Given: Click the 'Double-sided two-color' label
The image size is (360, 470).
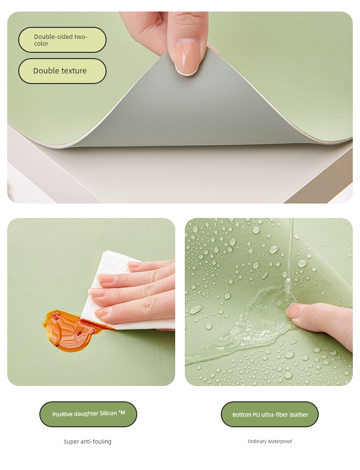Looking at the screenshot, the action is pyautogui.click(x=62, y=40).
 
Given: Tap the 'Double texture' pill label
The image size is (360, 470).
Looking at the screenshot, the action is pyautogui.click(x=62, y=71).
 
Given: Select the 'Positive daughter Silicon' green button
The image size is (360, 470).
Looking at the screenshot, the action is pyautogui.click(x=88, y=414).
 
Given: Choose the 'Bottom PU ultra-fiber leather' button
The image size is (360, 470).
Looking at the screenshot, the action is pyautogui.click(x=270, y=414).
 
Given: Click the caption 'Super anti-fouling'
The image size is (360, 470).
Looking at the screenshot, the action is pyautogui.click(x=87, y=442).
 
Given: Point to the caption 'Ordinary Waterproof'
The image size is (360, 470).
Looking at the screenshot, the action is pyautogui.click(x=270, y=441).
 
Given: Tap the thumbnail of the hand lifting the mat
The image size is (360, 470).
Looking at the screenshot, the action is pyautogui.click(x=180, y=108).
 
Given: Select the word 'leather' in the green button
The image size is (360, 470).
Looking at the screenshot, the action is pyautogui.click(x=298, y=414).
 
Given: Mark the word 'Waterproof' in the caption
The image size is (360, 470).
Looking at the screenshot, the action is pyautogui.click(x=280, y=441).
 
